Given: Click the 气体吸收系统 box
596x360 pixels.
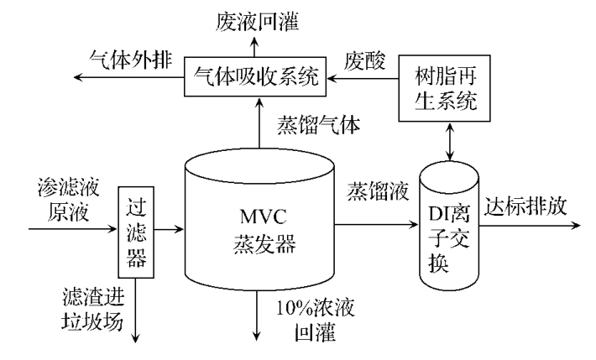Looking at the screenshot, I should click(255, 78).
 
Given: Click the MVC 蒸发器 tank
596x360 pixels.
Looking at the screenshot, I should click(259, 227).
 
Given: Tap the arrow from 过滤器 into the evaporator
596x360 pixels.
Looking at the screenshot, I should click(170, 227).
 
